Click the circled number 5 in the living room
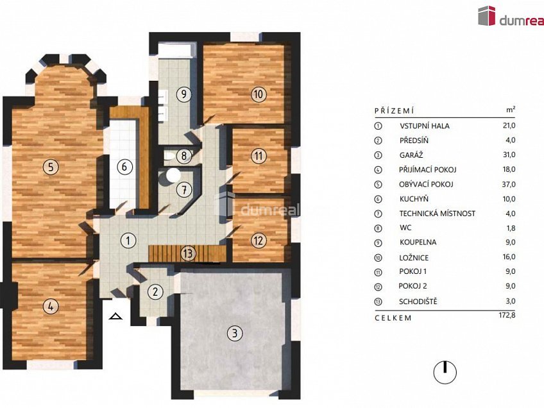(x=51, y=167)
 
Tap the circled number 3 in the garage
(x=235, y=333)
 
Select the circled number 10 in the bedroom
(x=259, y=94)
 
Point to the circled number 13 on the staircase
(x=188, y=253)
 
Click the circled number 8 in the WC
(x=184, y=156)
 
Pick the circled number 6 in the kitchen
(x=124, y=167)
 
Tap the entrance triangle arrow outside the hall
(x=115, y=316)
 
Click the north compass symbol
(x=445, y=373)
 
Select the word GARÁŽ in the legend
(x=411, y=155)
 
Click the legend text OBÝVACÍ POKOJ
(x=426, y=184)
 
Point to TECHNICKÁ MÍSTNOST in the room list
(x=437, y=214)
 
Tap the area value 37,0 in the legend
(x=509, y=184)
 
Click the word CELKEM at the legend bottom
(x=393, y=318)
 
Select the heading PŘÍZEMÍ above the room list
(x=395, y=111)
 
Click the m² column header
(x=511, y=110)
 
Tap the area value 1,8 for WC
(x=511, y=228)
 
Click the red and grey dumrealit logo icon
(x=487, y=16)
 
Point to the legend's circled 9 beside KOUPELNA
(x=378, y=243)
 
